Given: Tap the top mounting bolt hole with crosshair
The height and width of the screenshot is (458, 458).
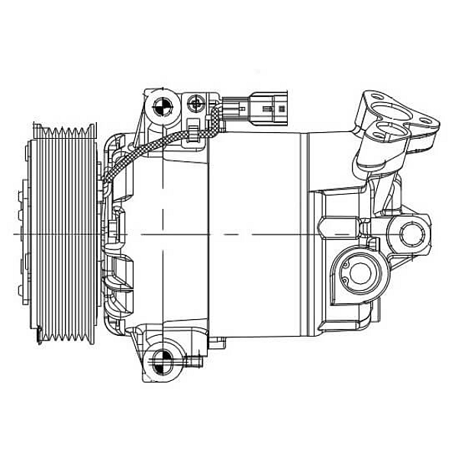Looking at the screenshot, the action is coord(163,107).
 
